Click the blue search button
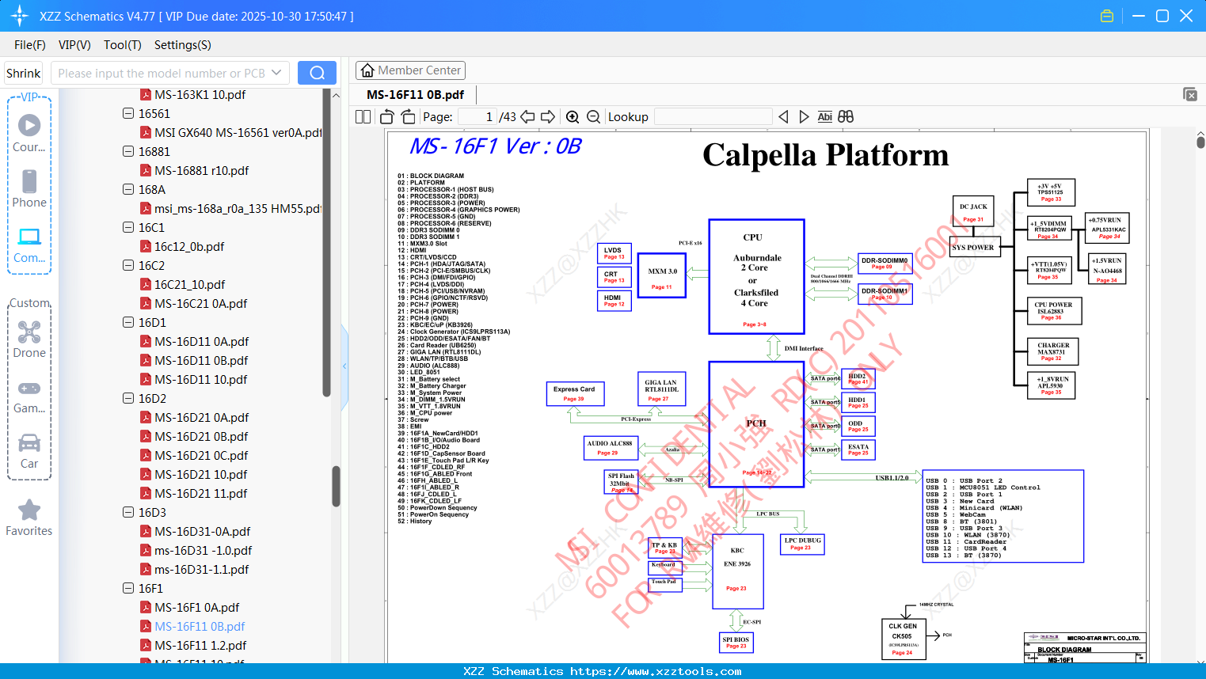click(x=317, y=73)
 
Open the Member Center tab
click(x=410, y=70)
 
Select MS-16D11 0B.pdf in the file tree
click(x=201, y=361)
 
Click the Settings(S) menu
click(x=182, y=45)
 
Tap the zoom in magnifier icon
click(x=573, y=117)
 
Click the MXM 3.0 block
click(x=662, y=275)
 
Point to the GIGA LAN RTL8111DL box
click(x=660, y=389)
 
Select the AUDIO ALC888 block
click(x=609, y=447)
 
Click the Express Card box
click(x=575, y=393)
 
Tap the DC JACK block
click(x=973, y=211)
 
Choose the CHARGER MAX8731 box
click(x=1052, y=351)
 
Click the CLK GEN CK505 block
click(x=902, y=638)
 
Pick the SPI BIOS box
click(x=736, y=642)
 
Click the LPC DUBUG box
click(x=802, y=544)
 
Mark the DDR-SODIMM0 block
click(x=885, y=263)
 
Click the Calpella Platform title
click(x=825, y=155)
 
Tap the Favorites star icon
click(x=29, y=510)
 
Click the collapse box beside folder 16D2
click(x=128, y=398)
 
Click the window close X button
click(x=1186, y=16)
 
